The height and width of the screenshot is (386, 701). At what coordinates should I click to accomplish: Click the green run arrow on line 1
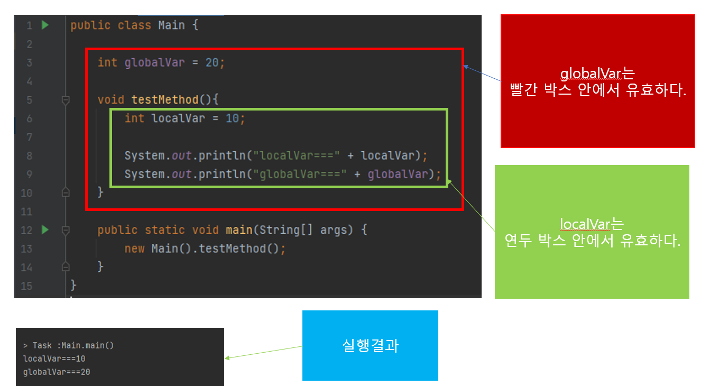[45, 25]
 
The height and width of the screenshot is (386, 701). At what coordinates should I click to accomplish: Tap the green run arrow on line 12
[45, 230]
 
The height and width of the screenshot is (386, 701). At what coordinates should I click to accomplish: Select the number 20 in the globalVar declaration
[211, 62]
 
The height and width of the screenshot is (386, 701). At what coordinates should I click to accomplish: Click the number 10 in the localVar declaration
[232, 118]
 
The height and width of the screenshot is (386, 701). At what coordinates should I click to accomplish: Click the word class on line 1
[134, 25]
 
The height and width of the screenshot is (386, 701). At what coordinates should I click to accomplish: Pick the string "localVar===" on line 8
[297, 156]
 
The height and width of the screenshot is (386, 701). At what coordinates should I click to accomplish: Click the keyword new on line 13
[134, 249]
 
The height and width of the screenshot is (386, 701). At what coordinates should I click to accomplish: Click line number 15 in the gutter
[26, 286]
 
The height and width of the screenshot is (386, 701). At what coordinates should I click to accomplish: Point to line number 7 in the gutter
[29, 137]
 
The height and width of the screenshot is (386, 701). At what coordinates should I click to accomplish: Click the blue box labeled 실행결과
[370, 345]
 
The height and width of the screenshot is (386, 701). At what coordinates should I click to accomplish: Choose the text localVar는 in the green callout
[592, 224]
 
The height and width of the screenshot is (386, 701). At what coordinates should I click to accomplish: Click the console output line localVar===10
[53, 359]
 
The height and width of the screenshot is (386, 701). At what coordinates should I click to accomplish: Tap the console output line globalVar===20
[56, 372]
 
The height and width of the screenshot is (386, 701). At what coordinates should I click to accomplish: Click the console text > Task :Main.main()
[68, 345]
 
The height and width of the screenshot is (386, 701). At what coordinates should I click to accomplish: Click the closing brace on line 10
[100, 192]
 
